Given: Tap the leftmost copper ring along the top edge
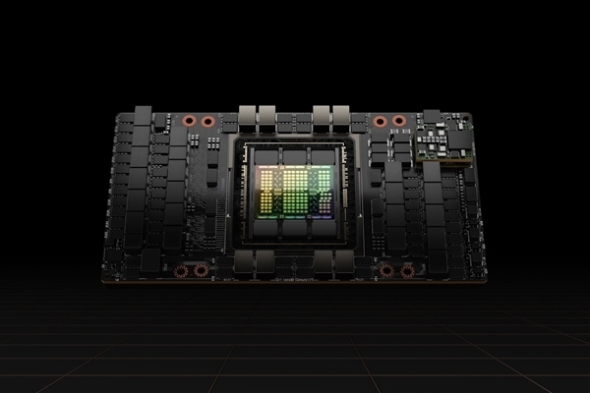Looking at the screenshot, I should pyautogui.click(x=190, y=121).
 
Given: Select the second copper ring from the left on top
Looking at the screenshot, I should pyautogui.click(x=207, y=121).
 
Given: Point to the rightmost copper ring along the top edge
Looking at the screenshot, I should pyautogui.click(x=398, y=121).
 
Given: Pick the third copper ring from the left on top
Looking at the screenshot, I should pyautogui.click(x=380, y=121).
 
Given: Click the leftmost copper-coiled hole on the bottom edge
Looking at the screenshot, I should pyautogui.click(x=181, y=270).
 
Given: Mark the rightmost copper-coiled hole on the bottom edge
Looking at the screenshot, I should pyautogui.click(x=405, y=270).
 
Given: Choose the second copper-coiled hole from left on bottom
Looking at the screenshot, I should pyautogui.click(x=201, y=270).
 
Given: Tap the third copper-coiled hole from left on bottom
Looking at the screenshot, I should pyautogui.click(x=386, y=270).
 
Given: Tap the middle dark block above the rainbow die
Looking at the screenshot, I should pyautogui.click(x=296, y=155).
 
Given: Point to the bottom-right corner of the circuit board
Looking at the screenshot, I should pyautogui.click(x=478, y=279).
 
